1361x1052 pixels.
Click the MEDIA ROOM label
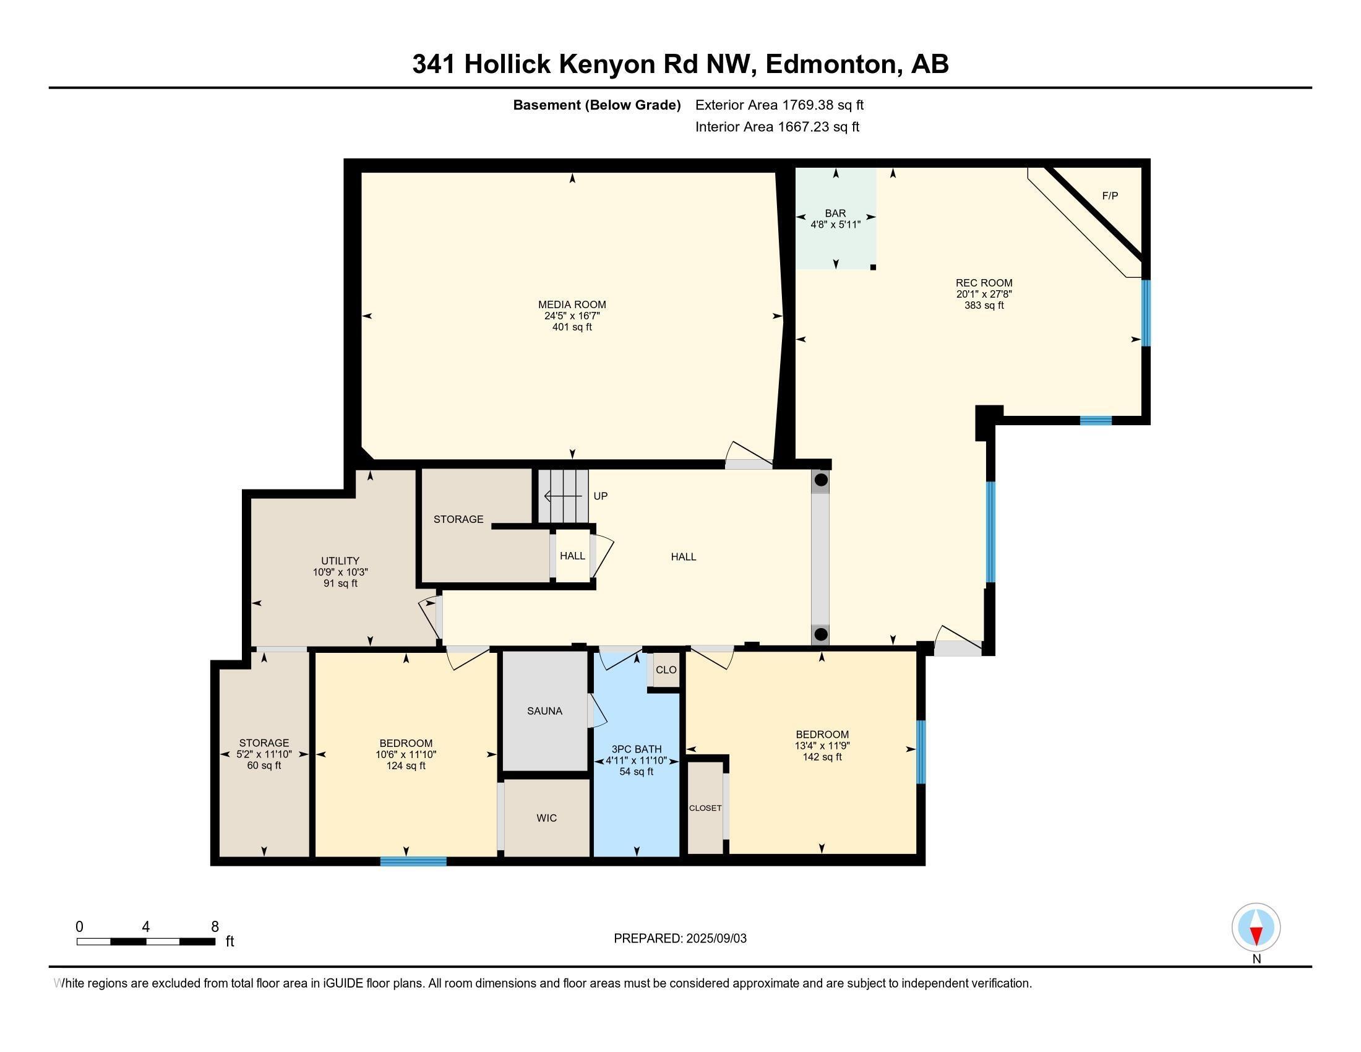pos(572,304)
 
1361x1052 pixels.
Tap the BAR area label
pos(835,213)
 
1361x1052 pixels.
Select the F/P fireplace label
pos(1110,196)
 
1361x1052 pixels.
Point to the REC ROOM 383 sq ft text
pos(984,305)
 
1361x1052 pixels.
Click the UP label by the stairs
pos(600,496)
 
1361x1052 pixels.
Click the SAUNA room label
pos(544,710)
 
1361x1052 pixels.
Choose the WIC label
pos(546,817)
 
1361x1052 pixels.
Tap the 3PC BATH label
pos(635,749)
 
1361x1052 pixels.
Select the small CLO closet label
pos(666,670)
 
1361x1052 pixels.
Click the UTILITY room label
pos(340,560)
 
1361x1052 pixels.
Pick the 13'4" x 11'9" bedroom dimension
pos(822,746)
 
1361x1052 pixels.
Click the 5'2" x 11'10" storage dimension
pos(264,754)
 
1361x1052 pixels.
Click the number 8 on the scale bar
pos(215,927)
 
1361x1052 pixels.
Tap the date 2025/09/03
pos(715,939)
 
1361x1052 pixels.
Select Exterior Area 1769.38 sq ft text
pos(779,105)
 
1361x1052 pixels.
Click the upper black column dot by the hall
pos(821,480)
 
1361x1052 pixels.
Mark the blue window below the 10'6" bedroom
pos(413,862)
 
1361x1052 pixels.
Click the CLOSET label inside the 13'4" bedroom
pos(705,808)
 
